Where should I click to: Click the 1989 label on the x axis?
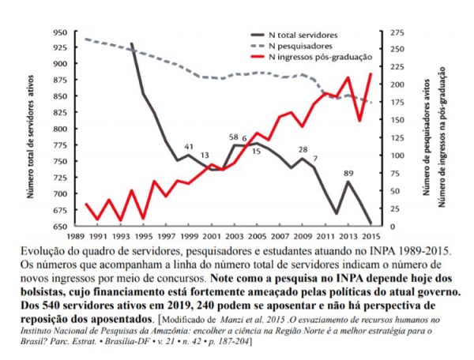tap(76, 235)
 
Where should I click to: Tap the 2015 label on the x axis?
tap(370, 235)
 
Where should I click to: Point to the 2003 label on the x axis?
tap(234, 235)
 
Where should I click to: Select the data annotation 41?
tap(189, 147)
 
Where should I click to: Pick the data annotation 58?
tap(233, 137)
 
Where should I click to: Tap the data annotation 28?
tap(303, 149)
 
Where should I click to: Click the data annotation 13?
tap(205, 156)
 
